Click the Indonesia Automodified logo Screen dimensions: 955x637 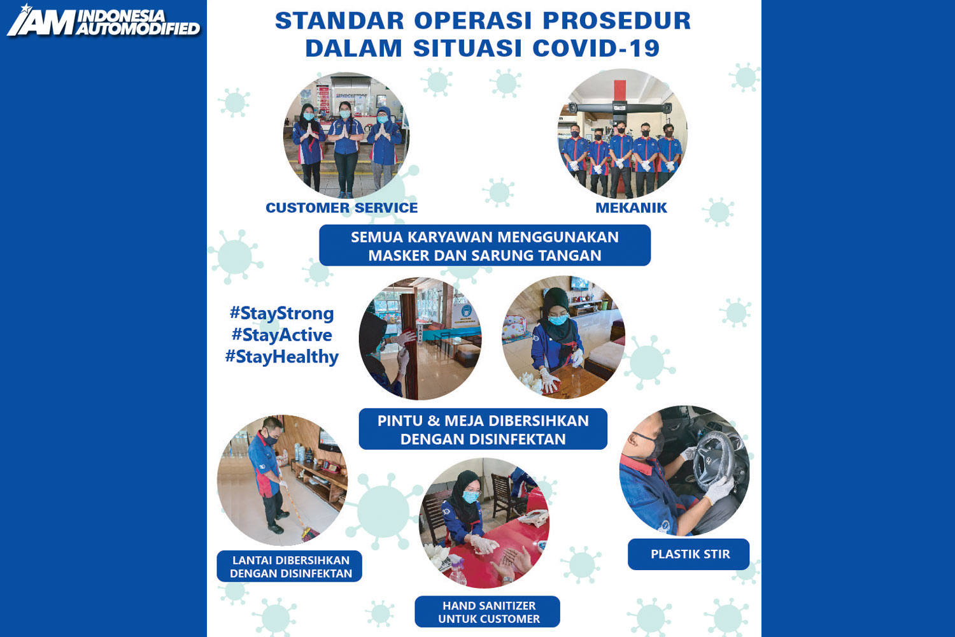(x=104, y=21)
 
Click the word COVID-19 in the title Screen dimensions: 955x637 (x=597, y=48)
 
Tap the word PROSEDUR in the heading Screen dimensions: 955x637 (x=617, y=20)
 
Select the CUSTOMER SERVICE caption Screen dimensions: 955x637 (x=341, y=208)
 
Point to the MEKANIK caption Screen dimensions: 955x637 (x=631, y=208)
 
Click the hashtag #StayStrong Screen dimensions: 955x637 (x=282, y=313)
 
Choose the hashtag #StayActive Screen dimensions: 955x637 (x=282, y=335)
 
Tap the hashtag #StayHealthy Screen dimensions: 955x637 (x=282, y=357)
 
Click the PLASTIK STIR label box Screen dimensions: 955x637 (x=688, y=554)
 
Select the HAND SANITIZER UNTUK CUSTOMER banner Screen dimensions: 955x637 (x=487, y=612)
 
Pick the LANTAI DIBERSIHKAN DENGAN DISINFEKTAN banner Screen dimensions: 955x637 (x=290, y=566)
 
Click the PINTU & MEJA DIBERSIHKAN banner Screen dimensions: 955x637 (x=483, y=429)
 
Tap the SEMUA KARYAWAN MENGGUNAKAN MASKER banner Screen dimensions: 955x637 (x=485, y=246)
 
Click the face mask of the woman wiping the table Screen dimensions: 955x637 (x=558, y=320)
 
